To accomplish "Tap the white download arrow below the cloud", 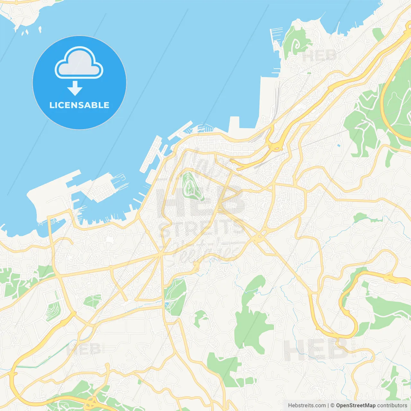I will point(75,88).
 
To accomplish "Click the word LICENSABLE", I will point(79,105).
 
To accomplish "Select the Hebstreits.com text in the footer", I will point(307,406).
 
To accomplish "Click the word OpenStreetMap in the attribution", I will point(355,406).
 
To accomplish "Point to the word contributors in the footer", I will point(392,406).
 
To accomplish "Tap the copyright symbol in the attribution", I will point(332,406).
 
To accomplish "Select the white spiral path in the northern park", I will point(297,45).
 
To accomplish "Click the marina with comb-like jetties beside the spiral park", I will point(276,39).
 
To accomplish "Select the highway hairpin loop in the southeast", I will point(348,318).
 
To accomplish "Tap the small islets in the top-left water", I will point(26,32).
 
